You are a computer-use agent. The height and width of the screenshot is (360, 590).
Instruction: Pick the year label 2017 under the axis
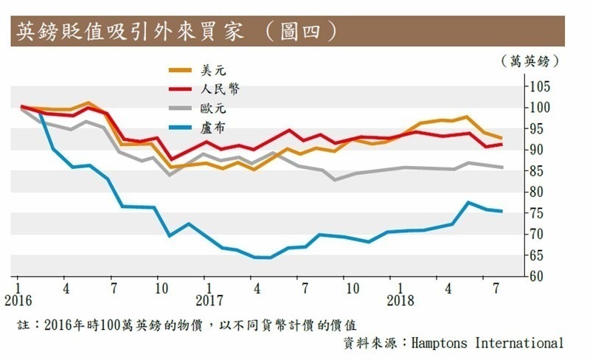(x=209, y=301)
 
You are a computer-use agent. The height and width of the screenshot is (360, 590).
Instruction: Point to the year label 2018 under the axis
(x=400, y=301)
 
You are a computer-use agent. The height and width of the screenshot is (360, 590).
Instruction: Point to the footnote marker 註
(x=23, y=325)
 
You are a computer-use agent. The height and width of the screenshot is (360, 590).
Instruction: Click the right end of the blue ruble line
(x=502, y=211)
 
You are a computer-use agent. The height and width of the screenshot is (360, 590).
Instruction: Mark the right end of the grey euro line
(x=502, y=167)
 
